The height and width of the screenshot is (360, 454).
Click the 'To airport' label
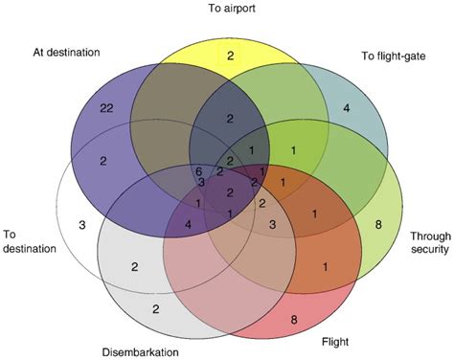229,9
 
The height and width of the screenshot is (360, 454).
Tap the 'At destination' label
66,51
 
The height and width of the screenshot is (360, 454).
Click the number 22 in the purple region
106,109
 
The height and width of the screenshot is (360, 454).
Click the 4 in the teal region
346,108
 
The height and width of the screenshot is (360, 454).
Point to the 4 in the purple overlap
189,225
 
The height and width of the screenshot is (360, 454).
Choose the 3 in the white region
82,225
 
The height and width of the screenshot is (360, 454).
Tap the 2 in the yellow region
230,56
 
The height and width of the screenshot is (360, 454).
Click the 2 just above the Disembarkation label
155,308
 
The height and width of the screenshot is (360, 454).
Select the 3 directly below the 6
201,181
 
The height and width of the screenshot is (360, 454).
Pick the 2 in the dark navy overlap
230,118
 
